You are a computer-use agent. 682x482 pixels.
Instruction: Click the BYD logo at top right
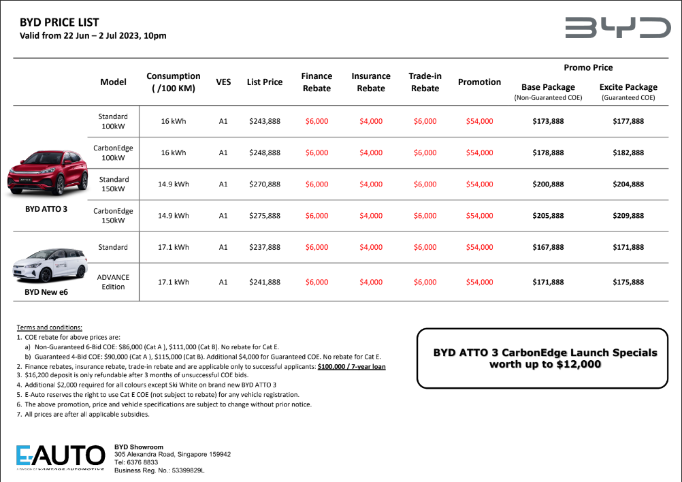(x=617, y=28)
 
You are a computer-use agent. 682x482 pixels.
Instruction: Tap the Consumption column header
(x=173, y=82)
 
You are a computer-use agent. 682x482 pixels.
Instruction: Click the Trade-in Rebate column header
(x=425, y=82)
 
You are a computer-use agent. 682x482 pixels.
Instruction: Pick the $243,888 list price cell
(x=264, y=122)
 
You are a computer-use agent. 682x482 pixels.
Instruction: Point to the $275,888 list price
(x=264, y=216)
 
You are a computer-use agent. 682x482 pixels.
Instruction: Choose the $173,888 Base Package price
(x=548, y=122)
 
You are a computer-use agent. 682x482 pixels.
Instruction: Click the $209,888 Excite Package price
(x=628, y=216)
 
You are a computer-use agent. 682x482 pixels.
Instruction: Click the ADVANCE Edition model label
(x=113, y=283)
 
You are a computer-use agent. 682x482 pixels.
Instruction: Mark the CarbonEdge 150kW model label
(x=113, y=216)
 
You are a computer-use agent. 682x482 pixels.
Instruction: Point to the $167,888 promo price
(x=548, y=248)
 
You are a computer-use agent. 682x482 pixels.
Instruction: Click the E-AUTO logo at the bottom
(x=61, y=455)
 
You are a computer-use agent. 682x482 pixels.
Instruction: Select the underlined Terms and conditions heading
(x=49, y=327)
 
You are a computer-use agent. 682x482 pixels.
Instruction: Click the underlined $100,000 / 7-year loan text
(x=352, y=366)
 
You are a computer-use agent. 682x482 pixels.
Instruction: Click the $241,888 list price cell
(x=264, y=283)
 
